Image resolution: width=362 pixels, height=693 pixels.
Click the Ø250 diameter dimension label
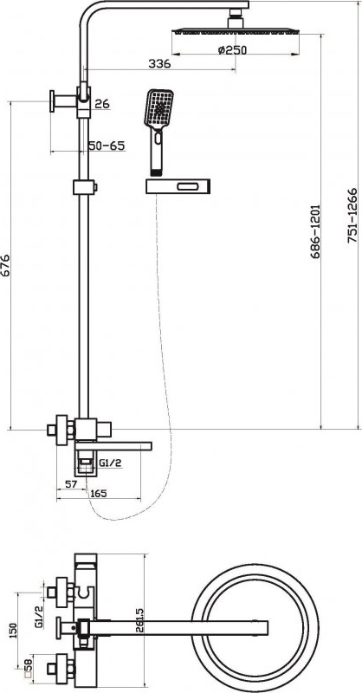[232, 50]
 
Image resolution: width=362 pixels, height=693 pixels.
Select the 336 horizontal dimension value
[159, 64]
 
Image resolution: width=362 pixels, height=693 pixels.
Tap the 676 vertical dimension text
[5, 265]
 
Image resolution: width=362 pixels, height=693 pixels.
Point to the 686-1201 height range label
[315, 231]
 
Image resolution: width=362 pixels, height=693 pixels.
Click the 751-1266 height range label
[352, 216]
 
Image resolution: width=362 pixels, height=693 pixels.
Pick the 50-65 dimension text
[107, 146]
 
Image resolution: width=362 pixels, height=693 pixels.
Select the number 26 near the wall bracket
[102, 104]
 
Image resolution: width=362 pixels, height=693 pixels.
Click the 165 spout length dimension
[98, 494]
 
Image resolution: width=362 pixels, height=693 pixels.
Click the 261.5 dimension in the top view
[140, 622]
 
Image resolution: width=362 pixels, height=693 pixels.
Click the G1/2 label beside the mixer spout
[110, 463]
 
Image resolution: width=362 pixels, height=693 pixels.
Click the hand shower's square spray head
[158, 107]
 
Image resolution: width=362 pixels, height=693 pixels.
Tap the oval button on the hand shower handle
[158, 138]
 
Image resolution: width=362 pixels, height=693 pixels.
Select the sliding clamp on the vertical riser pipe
[84, 187]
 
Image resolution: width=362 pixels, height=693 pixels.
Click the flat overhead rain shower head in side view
[236, 31]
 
